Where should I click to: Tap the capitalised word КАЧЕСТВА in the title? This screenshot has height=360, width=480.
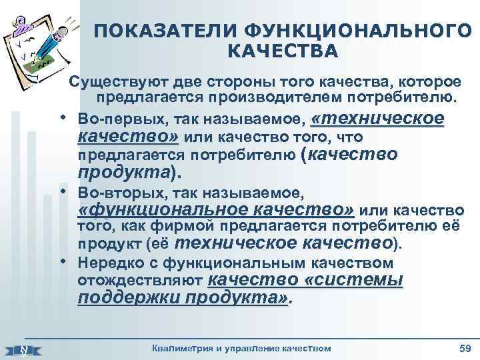click(283, 51)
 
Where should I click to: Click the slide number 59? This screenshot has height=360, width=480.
click(465, 348)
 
